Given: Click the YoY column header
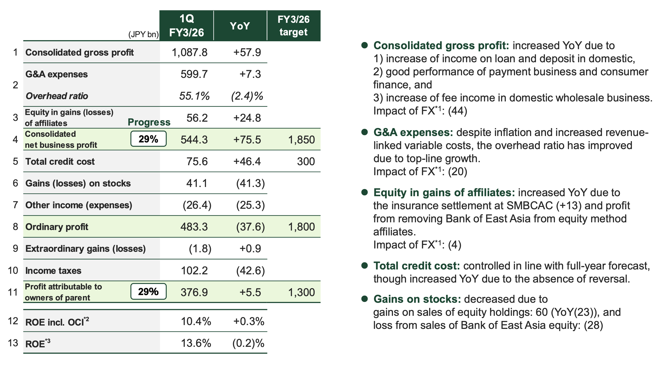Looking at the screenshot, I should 240,26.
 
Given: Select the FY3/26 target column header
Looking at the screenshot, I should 293,26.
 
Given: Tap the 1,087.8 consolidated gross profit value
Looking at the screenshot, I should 190,53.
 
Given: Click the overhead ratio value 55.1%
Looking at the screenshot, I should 194,96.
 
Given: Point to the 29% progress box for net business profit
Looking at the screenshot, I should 148,139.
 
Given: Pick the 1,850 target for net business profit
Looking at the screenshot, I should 302,140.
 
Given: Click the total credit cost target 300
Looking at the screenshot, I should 306,161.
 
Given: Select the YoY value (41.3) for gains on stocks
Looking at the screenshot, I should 250,183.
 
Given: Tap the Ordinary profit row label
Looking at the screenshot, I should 57,227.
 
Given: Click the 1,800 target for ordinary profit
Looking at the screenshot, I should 302,227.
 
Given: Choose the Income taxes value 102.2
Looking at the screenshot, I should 194,270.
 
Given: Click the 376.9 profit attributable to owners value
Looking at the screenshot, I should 194,292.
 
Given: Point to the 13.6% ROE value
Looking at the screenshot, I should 196,343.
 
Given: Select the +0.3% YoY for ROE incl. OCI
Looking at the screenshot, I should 249,321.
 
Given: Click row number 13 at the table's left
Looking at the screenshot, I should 13,343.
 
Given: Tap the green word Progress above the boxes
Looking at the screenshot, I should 149,122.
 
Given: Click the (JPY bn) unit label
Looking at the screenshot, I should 144,35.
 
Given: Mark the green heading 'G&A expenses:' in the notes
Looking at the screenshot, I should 413,132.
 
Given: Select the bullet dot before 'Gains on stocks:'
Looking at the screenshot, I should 365,299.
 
